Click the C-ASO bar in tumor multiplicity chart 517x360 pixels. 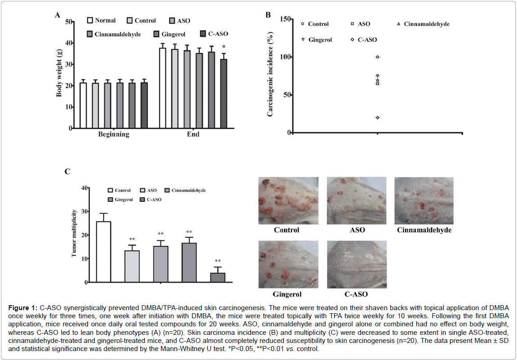[x=218, y=277]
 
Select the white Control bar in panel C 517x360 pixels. [x=103, y=252]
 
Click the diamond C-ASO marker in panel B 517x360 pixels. [x=378, y=118]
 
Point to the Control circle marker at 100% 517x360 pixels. [x=378, y=57]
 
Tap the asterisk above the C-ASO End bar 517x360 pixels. [x=223, y=47]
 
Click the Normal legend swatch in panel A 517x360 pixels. [x=90, y=20]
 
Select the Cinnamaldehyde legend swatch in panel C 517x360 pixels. [x=168, y=191]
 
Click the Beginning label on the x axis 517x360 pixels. [x=114, y=134]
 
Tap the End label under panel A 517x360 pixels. [x=194, y=134]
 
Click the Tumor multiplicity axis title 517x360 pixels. [x=75, y=235]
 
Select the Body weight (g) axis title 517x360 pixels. [x=59, y=75]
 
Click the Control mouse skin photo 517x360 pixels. [x=288, y=200]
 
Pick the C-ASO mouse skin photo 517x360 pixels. [x=356, y=264]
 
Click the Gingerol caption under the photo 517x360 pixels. [x=287, y=294]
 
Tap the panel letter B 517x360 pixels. [x=268, y=15]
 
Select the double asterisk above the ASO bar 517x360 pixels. [x=132, y=239]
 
